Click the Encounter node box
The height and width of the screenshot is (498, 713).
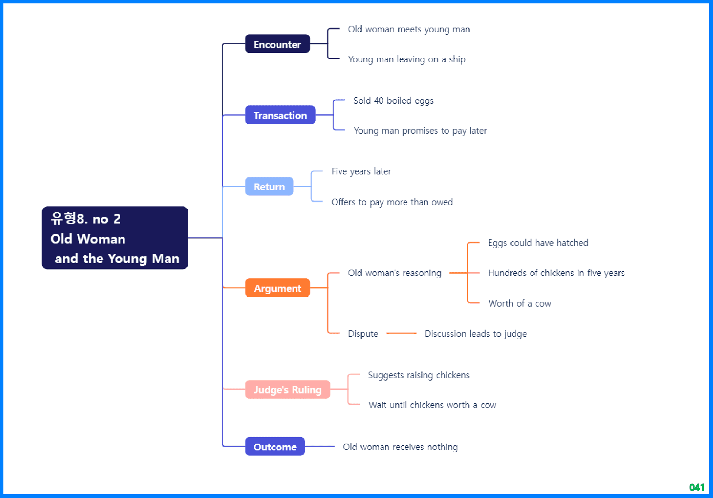[277, 44]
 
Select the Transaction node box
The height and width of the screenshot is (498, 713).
[280, 115]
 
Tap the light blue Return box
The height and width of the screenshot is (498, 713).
[269, 186]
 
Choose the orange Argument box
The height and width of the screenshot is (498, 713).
[277, 288]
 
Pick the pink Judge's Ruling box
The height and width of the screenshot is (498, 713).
[287, 389]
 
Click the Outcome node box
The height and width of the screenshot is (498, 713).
[275, 447]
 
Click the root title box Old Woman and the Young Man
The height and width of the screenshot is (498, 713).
[115, 238]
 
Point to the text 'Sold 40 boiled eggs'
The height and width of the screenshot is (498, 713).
[393, 101]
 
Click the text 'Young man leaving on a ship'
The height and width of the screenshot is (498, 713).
[406, 59]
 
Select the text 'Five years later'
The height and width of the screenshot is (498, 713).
[361, 171]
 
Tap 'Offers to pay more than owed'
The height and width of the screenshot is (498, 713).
[392, 202]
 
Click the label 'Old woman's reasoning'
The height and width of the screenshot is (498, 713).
[394, 273]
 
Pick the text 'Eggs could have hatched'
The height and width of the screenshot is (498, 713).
[538, 243]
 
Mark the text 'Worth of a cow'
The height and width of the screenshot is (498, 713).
[519, 304]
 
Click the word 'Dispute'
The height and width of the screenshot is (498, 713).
[363, 334]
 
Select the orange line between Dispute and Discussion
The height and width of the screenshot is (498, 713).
[401, 333]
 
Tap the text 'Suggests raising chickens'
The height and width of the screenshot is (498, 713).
[418, 375]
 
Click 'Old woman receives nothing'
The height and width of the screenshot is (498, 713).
[400, 447]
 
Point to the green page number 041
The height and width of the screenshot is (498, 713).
[696, 487]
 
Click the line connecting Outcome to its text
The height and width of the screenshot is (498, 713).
[319, 446]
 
